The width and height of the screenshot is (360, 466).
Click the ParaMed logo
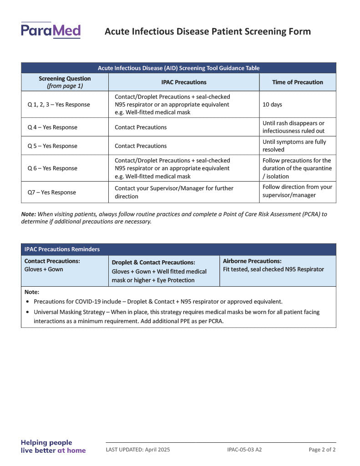[51, 30]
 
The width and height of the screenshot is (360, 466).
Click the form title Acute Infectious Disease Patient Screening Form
[208, 31]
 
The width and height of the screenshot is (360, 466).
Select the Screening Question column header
[65, 82]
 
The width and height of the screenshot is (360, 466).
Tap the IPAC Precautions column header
[183, 82]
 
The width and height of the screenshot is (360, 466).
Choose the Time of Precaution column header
[298, 82]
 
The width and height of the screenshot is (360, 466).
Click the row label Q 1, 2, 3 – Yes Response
[59, 105]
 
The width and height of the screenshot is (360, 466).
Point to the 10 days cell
[272, 105]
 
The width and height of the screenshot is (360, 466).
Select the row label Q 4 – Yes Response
[52, 127]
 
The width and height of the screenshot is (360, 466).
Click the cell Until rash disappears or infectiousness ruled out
[294, 127]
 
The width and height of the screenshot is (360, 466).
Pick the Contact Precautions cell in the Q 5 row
[141, 146]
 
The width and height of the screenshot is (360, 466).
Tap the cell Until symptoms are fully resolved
[294, 146]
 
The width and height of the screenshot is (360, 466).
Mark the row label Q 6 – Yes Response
[52, 168]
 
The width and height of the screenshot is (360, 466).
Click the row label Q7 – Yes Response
[52, 192]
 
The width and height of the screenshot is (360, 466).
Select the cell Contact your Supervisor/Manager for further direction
[174, 192]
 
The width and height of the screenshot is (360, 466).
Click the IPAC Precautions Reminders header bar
[178, 249]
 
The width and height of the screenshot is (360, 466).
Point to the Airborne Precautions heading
[252, 261]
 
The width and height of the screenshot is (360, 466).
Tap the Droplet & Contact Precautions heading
[153, 263]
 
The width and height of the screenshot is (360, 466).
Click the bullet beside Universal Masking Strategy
[29, 312]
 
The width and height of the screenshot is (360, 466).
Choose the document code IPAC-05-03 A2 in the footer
[244, 450]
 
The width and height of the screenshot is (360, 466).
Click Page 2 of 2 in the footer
[322, 450]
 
